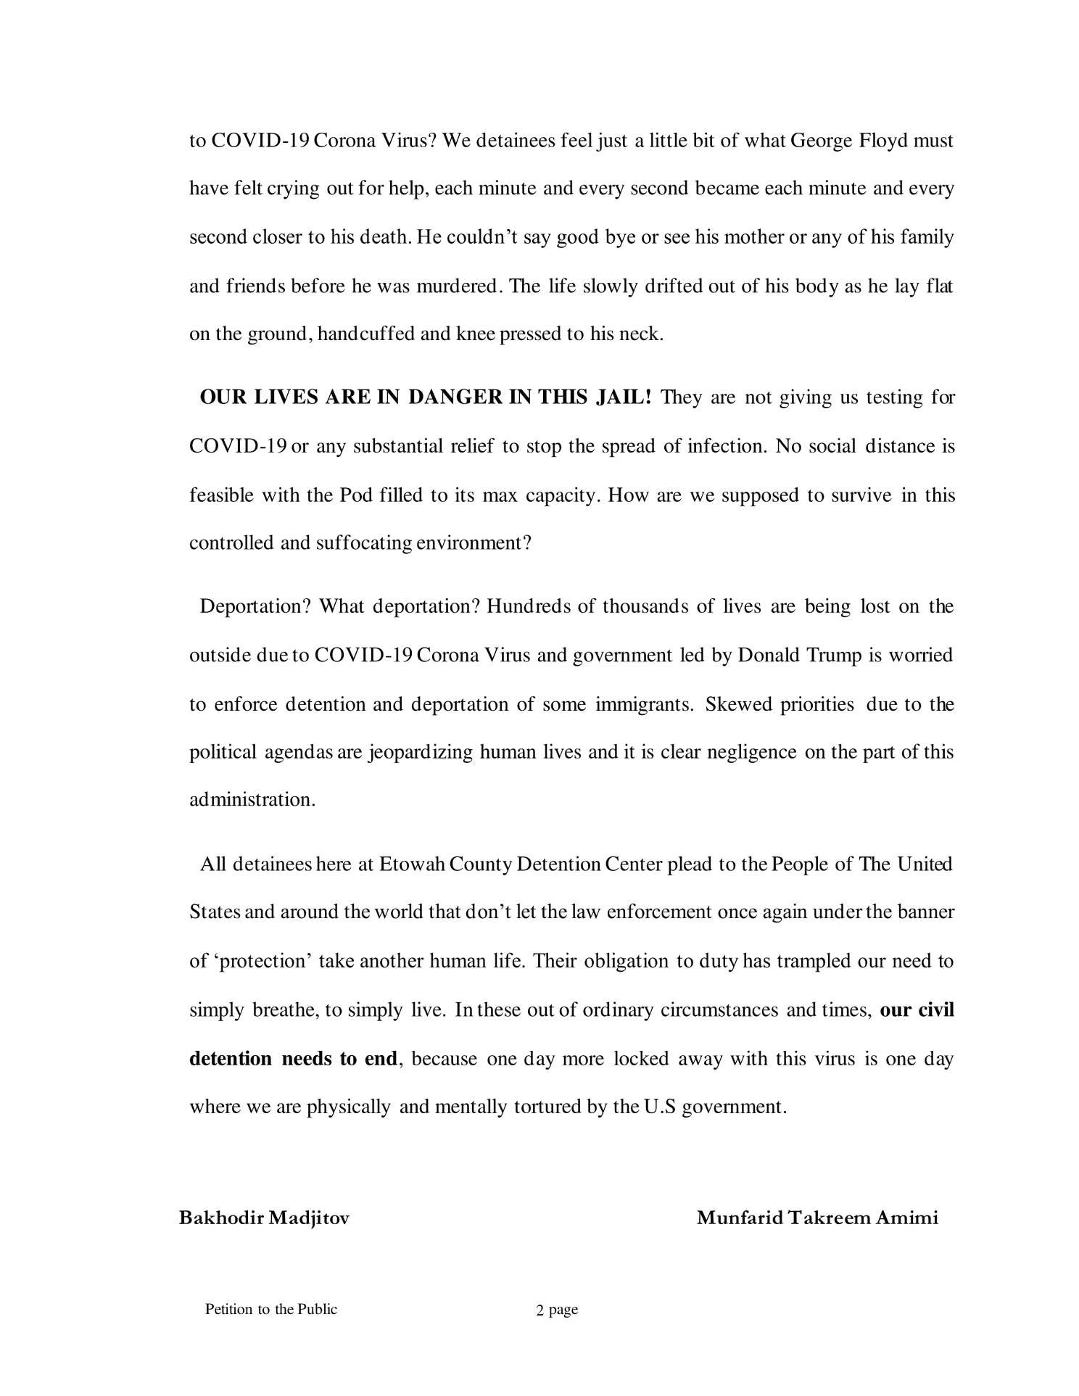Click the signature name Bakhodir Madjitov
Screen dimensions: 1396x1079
pyautogui.click(x=264, y=1218)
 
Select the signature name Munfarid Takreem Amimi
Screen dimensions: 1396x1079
pyautogui.click(x=817, y=1218)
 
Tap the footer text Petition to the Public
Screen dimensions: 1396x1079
pyautogui.click(x=271, y=1309)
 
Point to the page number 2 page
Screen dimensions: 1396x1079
pyautogui.click(x=556, y=1310)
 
